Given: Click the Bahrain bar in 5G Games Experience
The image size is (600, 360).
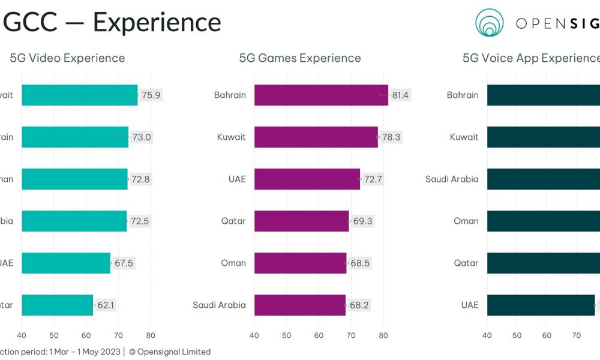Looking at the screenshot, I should point(321,95).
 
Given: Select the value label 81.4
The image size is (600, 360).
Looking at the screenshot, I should point(400,95).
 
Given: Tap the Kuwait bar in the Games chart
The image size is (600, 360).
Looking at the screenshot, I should point(316,137).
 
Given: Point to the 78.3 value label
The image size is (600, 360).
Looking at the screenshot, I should point(391,137).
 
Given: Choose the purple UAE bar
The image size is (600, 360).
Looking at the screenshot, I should point(307,179).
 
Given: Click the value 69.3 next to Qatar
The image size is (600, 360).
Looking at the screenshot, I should point(362,221).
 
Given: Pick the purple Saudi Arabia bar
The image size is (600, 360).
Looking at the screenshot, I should point(300,305).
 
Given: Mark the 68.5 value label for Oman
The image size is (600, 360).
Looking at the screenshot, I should point(360,263).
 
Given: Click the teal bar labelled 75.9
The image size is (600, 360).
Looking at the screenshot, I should point(80,95).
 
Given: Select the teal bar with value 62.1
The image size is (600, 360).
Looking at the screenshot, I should point(58,305).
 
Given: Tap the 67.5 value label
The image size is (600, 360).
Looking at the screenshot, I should point(124,263).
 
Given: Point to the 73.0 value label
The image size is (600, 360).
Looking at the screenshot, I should point(142,137).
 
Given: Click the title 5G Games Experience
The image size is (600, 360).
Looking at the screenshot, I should point(300,58).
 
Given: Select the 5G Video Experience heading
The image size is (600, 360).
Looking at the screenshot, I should point(67,58).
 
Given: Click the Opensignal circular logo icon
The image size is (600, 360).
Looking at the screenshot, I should point(490,23).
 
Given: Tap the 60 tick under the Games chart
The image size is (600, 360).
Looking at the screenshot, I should point(319,335).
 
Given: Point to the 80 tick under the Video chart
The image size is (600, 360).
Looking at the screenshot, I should point(151,335).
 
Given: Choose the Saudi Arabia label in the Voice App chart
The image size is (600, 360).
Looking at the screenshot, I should point(452,179).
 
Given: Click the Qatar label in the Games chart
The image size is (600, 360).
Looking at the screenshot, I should point(233,221).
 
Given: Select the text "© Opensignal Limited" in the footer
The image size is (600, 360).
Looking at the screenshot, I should point(170,352).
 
